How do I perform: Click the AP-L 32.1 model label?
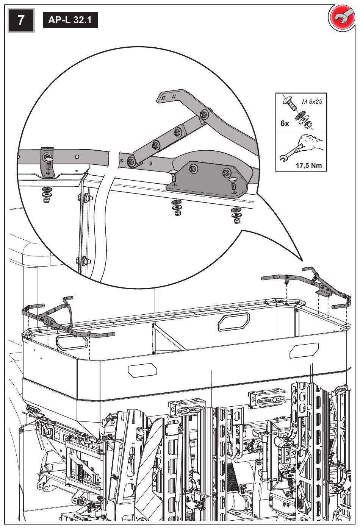pos(70,20)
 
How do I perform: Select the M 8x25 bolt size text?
pos(312,102)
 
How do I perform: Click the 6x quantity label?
pos(285,123)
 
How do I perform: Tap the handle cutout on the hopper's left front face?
pos(142,370)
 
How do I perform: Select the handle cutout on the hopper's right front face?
pos(304,350)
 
